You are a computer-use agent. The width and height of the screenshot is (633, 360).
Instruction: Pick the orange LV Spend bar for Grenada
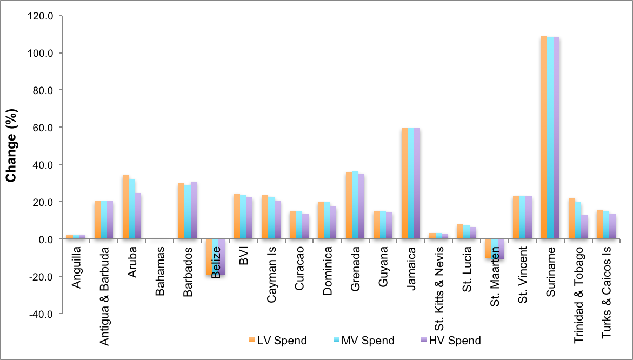pyautogui.click(x=349, y=205)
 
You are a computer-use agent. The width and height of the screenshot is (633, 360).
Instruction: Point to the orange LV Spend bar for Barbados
pyautogui.click(x=181, y=211)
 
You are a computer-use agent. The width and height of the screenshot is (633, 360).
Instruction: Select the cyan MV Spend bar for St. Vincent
pyautogui.click(x=522, y=217)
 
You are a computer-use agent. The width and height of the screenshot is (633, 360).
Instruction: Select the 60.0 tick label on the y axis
pyautogui.click(x=42, y=128)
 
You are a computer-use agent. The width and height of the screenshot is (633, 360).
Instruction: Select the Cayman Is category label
pyautogui.click(x=272, y=271)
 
